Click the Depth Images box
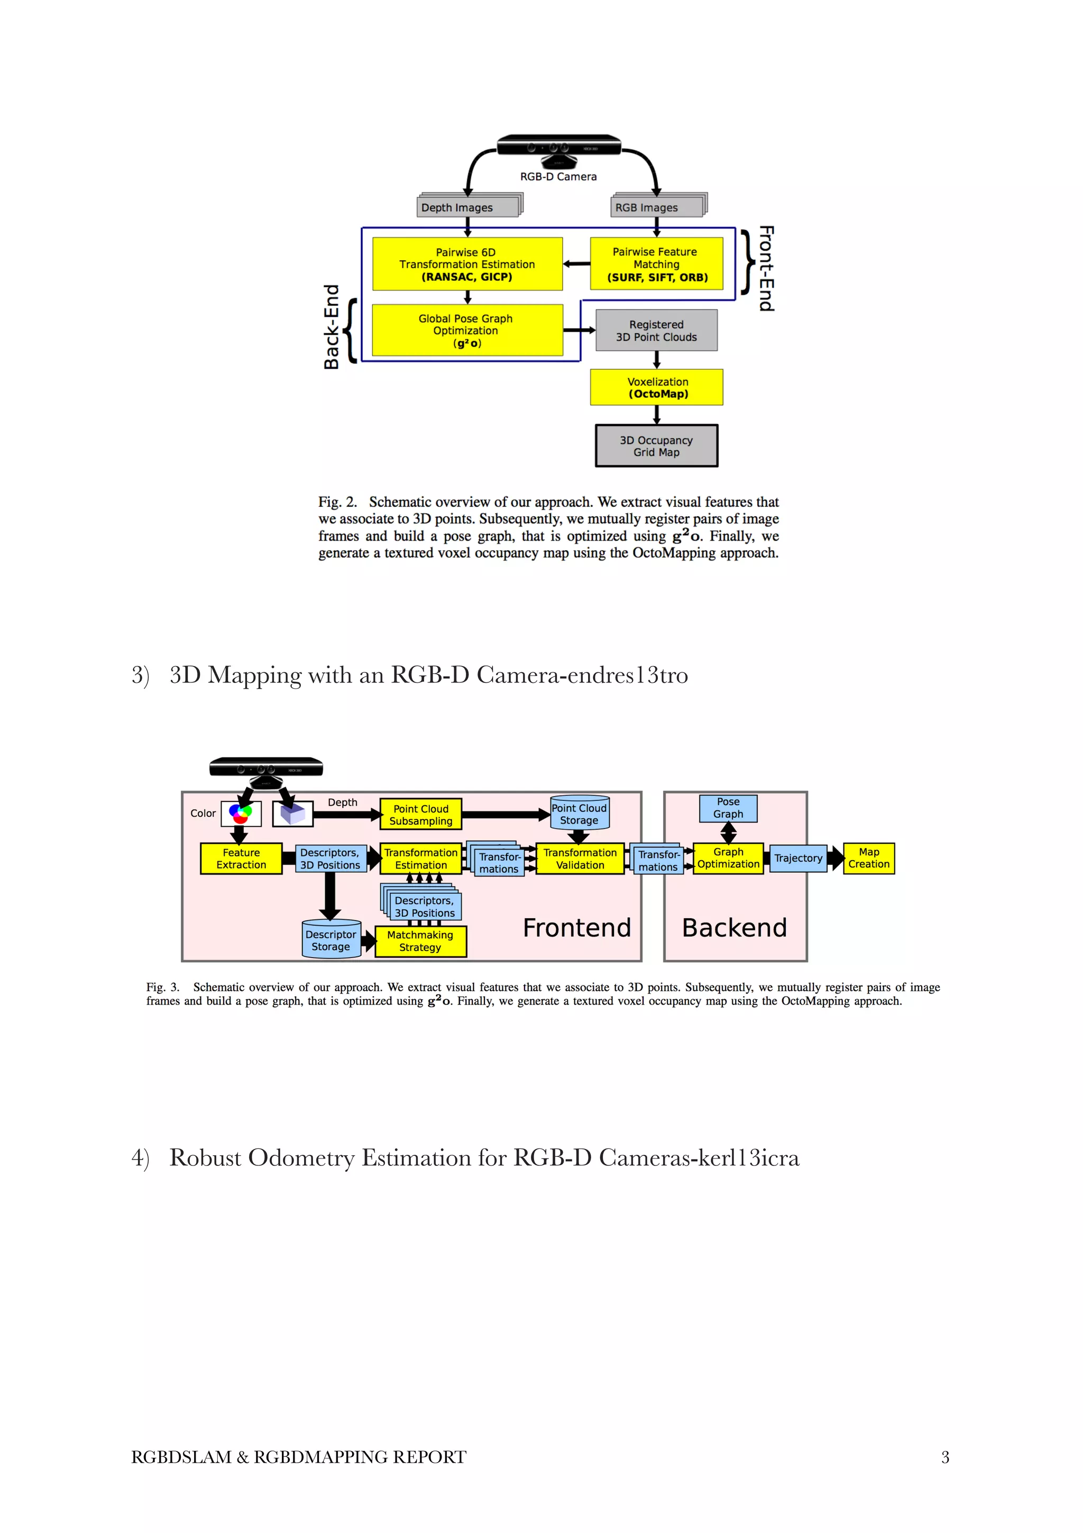[x=467, y=207]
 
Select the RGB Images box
[x=657, y=207]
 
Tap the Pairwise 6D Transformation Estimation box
[x=467, y=264]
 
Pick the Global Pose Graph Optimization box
[x=467, y=330]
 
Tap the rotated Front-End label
[x=766, y=268]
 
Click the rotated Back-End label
[x=332, y=326]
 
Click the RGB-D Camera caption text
[x=558, y=176]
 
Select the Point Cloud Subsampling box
[x=420, y=814]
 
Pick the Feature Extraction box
[x=241, y=858]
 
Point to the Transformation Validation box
[x=580, y=858]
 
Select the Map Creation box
[x=868, y=858]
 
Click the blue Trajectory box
[x=798, y=858]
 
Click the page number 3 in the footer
[x=944, y=1457]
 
